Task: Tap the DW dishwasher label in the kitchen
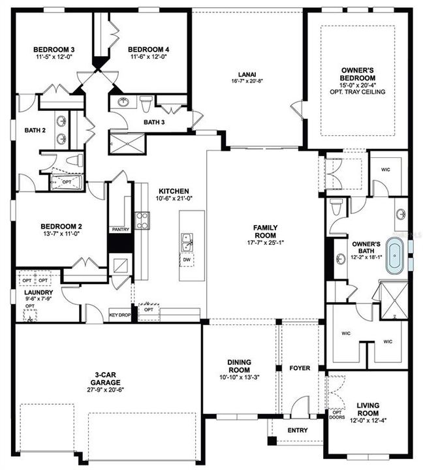coord(187,260)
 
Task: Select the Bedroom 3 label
coord(55,50)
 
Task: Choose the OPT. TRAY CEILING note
coord(358,92)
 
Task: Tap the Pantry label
coord(120,230)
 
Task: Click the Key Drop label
coord(119,315)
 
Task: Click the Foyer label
coord(300,368)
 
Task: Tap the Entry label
coord(298,430)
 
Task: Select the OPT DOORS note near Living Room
coord(337,416)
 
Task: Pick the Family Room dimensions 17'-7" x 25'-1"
coord(265,242)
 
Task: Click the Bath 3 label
coord(154,122)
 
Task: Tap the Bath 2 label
coord(35,130)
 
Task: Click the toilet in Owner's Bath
coord(336,208)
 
